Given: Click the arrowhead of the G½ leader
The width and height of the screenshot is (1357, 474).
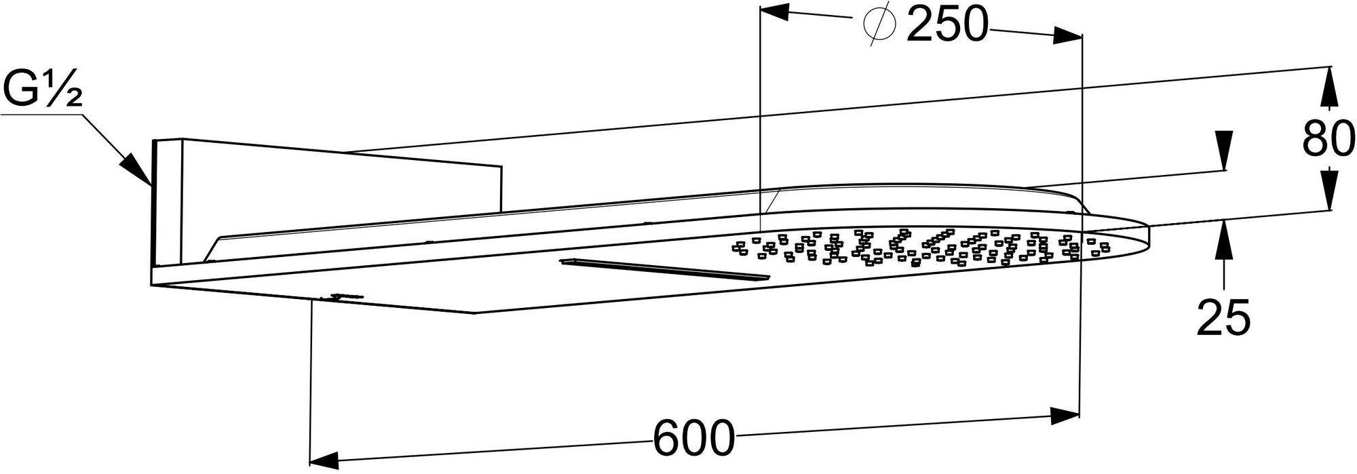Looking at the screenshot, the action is point(137,170).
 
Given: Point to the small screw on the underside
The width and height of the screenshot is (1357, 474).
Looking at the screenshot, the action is point(343,296).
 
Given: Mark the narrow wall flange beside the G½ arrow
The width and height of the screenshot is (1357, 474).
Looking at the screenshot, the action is point(166,203).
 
